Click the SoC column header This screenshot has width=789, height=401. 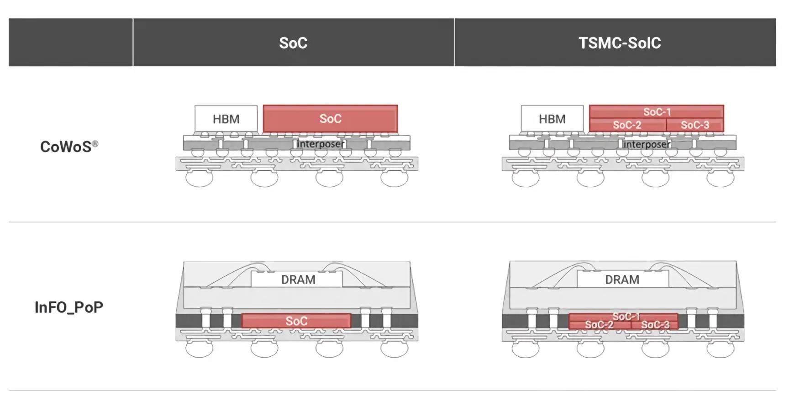pos(293,42)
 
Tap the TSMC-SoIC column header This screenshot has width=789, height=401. pos(620,42)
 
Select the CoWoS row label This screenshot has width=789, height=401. pos(66,147)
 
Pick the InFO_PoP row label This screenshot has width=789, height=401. pos(69,307)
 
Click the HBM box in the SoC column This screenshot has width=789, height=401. pos(226,119)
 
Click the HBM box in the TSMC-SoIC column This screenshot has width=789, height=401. pos(552,119)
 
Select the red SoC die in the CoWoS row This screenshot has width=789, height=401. pos(330,119)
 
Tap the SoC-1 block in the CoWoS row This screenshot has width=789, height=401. pos(657,112)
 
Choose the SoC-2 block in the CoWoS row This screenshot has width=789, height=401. pos(627,125)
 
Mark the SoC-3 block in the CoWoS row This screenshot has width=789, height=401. pos(694,125)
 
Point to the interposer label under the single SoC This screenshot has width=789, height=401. pos(321,144)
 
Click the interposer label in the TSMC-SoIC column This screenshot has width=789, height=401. pos(647,144)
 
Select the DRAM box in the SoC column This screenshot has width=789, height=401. pos(298,280)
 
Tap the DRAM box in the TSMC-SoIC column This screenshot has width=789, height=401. pos(622,280)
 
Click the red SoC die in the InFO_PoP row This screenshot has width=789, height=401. pos(296,321)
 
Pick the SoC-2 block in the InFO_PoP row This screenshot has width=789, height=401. pos(599,325)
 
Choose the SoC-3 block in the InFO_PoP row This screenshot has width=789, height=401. pos(655,325)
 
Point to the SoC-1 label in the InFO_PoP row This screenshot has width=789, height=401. pos(626,317)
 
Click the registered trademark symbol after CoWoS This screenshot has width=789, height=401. pos(95,144)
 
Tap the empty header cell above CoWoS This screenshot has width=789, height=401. pos(71,42)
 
